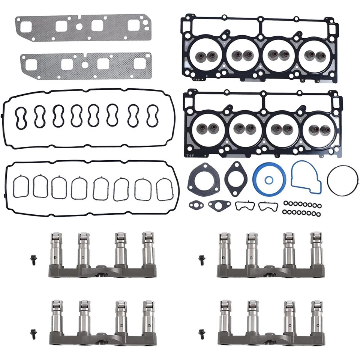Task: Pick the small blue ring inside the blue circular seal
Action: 269,180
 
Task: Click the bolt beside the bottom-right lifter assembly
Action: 202,332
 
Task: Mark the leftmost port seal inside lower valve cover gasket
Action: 20,187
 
